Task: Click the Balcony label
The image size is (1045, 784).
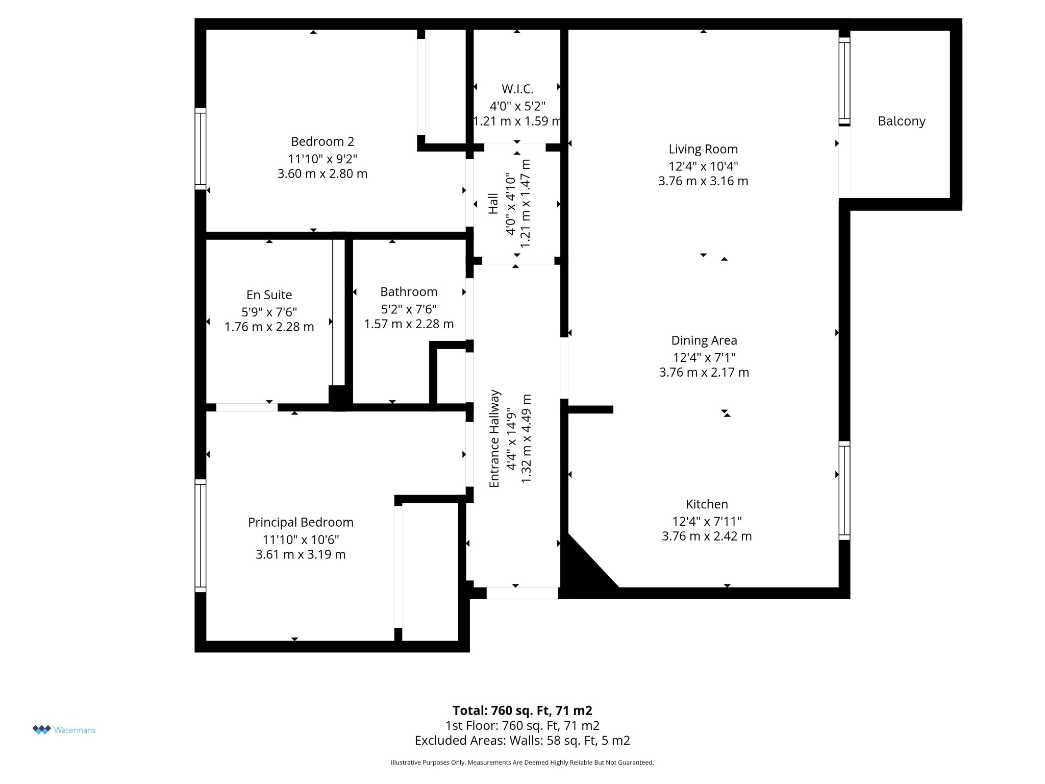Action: (901, 121)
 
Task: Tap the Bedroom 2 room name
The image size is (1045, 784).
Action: (322, 141)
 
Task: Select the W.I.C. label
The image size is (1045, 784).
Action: (517, 89)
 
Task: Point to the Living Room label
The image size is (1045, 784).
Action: (703, 149)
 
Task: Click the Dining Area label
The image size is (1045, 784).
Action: (704, 340)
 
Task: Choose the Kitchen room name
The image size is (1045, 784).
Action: (707, 504)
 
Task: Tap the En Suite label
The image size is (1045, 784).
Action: (269, 295)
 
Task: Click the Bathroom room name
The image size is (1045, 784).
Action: (409, 292)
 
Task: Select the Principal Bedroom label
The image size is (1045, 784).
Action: (301, 523)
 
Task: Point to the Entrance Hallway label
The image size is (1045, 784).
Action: (494, 439)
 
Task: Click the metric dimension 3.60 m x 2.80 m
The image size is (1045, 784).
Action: (322, 174)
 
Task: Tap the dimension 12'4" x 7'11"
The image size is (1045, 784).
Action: (707, 521)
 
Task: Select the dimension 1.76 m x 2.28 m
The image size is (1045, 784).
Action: (269, 327)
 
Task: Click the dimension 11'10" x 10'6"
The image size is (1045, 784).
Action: (301, 540)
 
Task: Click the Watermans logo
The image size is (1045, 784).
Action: (64, 730)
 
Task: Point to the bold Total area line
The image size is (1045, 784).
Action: (522, 710)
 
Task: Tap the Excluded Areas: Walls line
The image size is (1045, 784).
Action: (522, 741)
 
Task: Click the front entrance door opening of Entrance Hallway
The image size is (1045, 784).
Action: (522, 593)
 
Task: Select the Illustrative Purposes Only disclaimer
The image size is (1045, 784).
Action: (522, 763)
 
